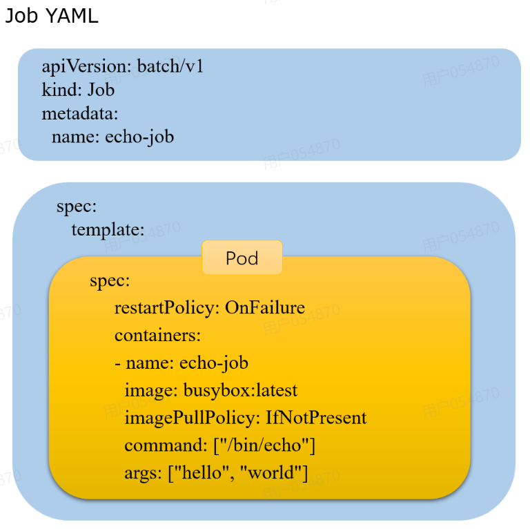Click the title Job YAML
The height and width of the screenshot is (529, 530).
(52, 16)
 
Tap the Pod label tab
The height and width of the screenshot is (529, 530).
(242, 258)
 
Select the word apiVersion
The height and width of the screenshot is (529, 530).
(86, 67)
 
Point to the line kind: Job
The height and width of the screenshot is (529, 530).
(77, 90)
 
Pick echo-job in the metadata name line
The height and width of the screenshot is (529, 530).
(139, 137)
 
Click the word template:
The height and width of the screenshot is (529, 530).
(108, 229)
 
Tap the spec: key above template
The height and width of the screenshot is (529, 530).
(77, 206)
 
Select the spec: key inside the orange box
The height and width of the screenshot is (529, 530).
(110, 281)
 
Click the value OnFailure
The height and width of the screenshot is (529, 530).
(265, 307)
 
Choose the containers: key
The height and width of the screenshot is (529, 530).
(157, 335)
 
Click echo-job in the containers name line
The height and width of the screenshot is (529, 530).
(213, 363)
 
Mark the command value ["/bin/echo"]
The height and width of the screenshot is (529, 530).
(264, 445)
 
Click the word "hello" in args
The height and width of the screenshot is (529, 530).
(200, 473)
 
